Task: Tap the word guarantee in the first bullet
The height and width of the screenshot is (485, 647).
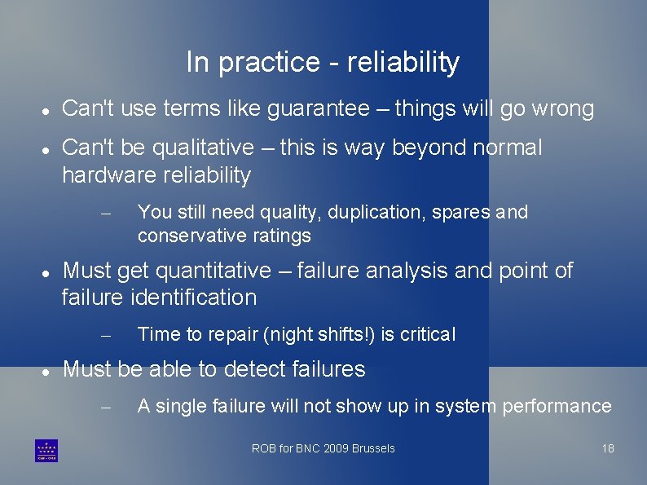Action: (x=318, y=109)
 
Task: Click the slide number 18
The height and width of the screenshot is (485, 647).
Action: (x=608, y=448)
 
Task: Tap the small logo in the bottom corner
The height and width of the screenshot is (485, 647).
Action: (x=46, y=450)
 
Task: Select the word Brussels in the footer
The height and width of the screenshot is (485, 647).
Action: (x=376, y=448)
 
